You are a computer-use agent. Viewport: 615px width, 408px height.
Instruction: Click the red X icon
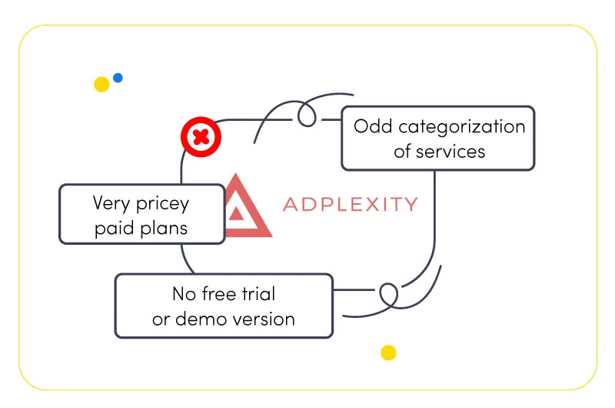pyautogui.click(x=201, y=137)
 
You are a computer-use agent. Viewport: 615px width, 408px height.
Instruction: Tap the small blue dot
pyautogui.click(x=118, y=78)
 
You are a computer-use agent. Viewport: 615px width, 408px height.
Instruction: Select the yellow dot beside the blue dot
pyautogui.click(x=101, y=85)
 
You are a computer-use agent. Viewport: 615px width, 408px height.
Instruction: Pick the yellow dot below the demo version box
pyautogui.click(x=388, y=353)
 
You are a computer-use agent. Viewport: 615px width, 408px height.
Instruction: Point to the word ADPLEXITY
pyautogui.click(x=351, y=204)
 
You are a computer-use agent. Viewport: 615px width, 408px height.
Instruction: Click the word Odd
pyautogui.click(x=373, y=126)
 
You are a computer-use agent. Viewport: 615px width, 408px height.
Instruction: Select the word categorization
pyautogui.click(x=462, y=126)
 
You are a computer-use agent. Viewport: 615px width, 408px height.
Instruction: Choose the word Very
pyautogui.click(x=111, y=203)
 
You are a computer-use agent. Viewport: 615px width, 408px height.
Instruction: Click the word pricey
pyautogui.click(x=162, y=204)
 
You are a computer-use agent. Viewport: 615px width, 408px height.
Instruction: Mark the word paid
pyautogui.click(x=115, y=228)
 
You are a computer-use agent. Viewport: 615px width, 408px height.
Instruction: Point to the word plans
pyautogui.click(x=164, y=228)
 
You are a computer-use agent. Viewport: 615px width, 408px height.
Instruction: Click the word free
pyautogui.click(x=219, y=294)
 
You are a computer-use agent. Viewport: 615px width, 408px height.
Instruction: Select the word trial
pyautogui.click(x=258, y=294)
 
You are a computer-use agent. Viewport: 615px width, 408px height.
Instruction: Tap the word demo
pyautogui.click(x=200, y=319)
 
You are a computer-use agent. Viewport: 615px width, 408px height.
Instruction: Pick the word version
pyautogui.click(x=262, y=319)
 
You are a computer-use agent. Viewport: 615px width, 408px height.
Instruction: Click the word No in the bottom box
pyautogui.click(x=184, y=294)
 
